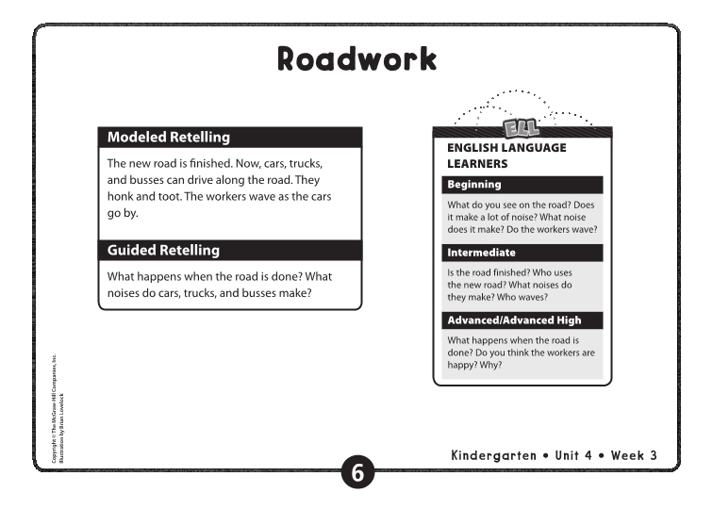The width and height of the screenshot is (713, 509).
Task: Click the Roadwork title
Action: [x=356, y=58]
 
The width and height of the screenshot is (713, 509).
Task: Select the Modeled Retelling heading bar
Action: [x=229, y=138]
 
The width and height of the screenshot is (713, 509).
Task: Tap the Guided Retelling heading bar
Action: [x=229, y=251]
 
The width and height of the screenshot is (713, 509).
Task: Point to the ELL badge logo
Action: [x=520, y=124]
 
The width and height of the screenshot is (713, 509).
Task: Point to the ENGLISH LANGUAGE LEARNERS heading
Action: [x=506, y=156]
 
